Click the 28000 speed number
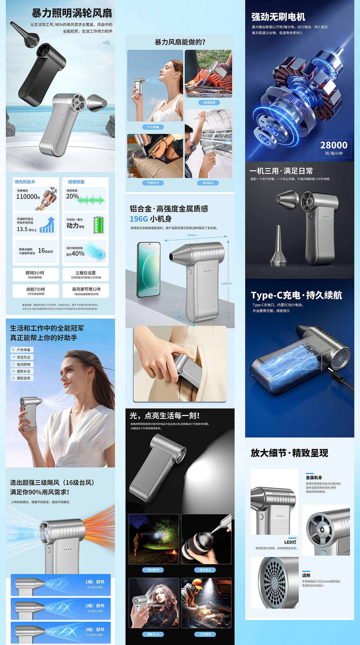tap(334, 145)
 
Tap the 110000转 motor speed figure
tap(28, 197)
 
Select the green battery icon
tap(98, 225)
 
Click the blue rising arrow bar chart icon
tap(47, 225)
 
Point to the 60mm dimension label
tap(192, 235)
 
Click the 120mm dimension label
tap(226, 284)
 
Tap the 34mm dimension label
tap(176, 312)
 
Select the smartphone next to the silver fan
tap(148, 269)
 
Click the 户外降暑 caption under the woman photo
tap(153, 127)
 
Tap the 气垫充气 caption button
tap(153, 183)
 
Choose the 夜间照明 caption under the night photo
tap(153, 570)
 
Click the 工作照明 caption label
tap(205, 634)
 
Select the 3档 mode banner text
tap(95, 630)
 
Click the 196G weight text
tap(139, 219)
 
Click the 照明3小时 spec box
tap(35, 275)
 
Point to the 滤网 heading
tap(306, 576)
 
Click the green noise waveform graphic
tap(91, 200)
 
